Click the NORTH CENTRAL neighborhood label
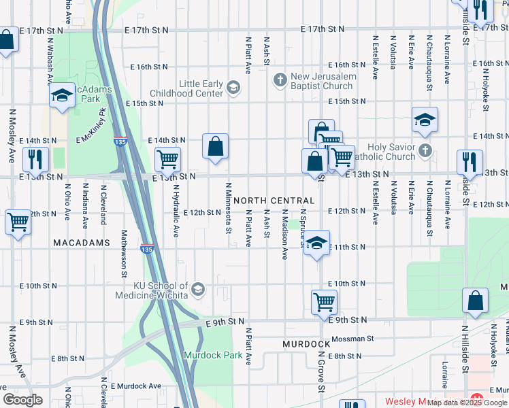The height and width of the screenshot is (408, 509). pos(274,201)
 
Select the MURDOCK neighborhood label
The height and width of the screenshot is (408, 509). pos(306,345)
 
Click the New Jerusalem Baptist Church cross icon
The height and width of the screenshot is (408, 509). pos(280,81)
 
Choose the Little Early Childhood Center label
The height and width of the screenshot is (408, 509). pos(201,88)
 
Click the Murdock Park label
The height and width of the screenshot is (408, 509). pos(212,355)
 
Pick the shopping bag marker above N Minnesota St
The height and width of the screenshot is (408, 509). pos(215,147)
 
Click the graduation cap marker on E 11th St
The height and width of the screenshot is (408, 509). pos(316,243)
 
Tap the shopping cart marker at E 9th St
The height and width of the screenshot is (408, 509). pos(325,301)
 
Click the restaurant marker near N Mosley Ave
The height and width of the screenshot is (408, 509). pos(35,160)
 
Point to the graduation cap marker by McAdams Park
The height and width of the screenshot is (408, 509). pos(62,96)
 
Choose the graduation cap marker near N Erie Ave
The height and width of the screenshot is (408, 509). pos(425,120)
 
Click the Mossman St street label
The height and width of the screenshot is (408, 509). pos(352,338)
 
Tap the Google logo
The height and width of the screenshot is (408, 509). pos(23,400)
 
